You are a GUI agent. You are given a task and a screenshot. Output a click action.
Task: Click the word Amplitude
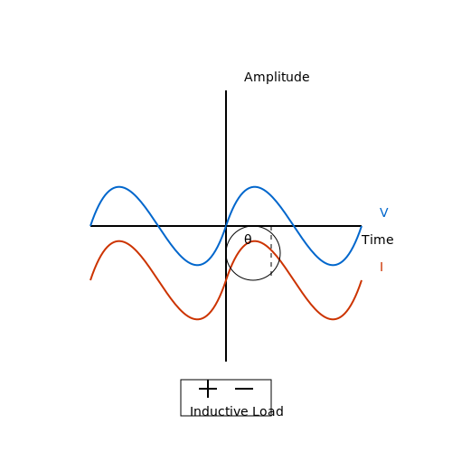277,78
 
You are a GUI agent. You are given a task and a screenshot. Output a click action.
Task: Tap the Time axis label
378,240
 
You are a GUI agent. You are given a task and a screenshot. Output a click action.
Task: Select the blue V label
384,212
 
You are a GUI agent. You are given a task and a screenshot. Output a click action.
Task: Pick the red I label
381,267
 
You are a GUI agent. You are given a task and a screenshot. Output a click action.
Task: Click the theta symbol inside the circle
248,240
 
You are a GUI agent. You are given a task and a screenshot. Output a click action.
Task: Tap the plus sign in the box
208,389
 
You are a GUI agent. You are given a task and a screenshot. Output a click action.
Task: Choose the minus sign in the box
244,389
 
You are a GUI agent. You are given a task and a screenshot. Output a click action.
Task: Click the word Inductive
219,411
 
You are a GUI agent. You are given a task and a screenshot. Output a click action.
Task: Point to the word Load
268,411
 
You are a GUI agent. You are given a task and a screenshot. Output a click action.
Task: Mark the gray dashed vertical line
271,250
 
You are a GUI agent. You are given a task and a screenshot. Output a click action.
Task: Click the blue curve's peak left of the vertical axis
119,187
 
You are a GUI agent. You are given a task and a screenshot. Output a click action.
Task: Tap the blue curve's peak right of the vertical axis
255,187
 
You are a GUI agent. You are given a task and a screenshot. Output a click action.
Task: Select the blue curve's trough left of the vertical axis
197,265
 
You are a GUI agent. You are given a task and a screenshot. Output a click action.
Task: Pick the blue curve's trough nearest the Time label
333,265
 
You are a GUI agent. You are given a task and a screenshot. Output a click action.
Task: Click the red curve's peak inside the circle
255,241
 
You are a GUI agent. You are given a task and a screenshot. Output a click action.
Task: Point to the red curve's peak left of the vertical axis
119,241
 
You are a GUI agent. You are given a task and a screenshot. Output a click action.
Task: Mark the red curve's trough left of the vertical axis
197,319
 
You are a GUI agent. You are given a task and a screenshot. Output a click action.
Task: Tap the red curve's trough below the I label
333,319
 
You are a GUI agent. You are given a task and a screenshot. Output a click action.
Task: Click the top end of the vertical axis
226,90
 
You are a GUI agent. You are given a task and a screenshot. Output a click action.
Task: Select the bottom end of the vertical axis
226,362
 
